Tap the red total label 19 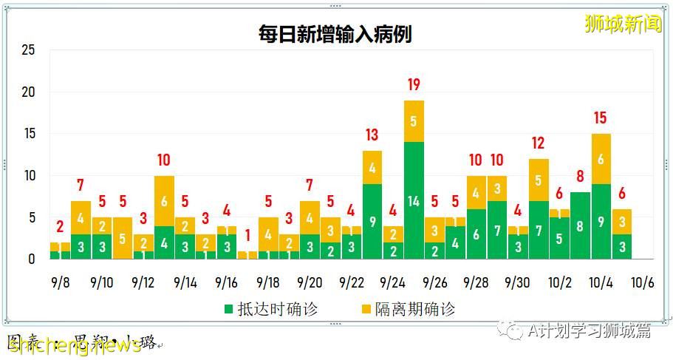coord(414,85)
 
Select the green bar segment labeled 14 coord(414,200)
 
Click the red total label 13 coord(372,135)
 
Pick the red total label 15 coord(600,118)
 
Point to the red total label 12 coord(538,143)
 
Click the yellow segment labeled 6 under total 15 coord(601,159)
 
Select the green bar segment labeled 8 coord(580,225)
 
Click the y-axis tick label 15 coord(28,135)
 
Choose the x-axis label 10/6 coord(642,283)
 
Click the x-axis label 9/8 coord(61,283)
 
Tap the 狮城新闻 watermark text coord(623,23)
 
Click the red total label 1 coord(247,236)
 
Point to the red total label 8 coord(580,177)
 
